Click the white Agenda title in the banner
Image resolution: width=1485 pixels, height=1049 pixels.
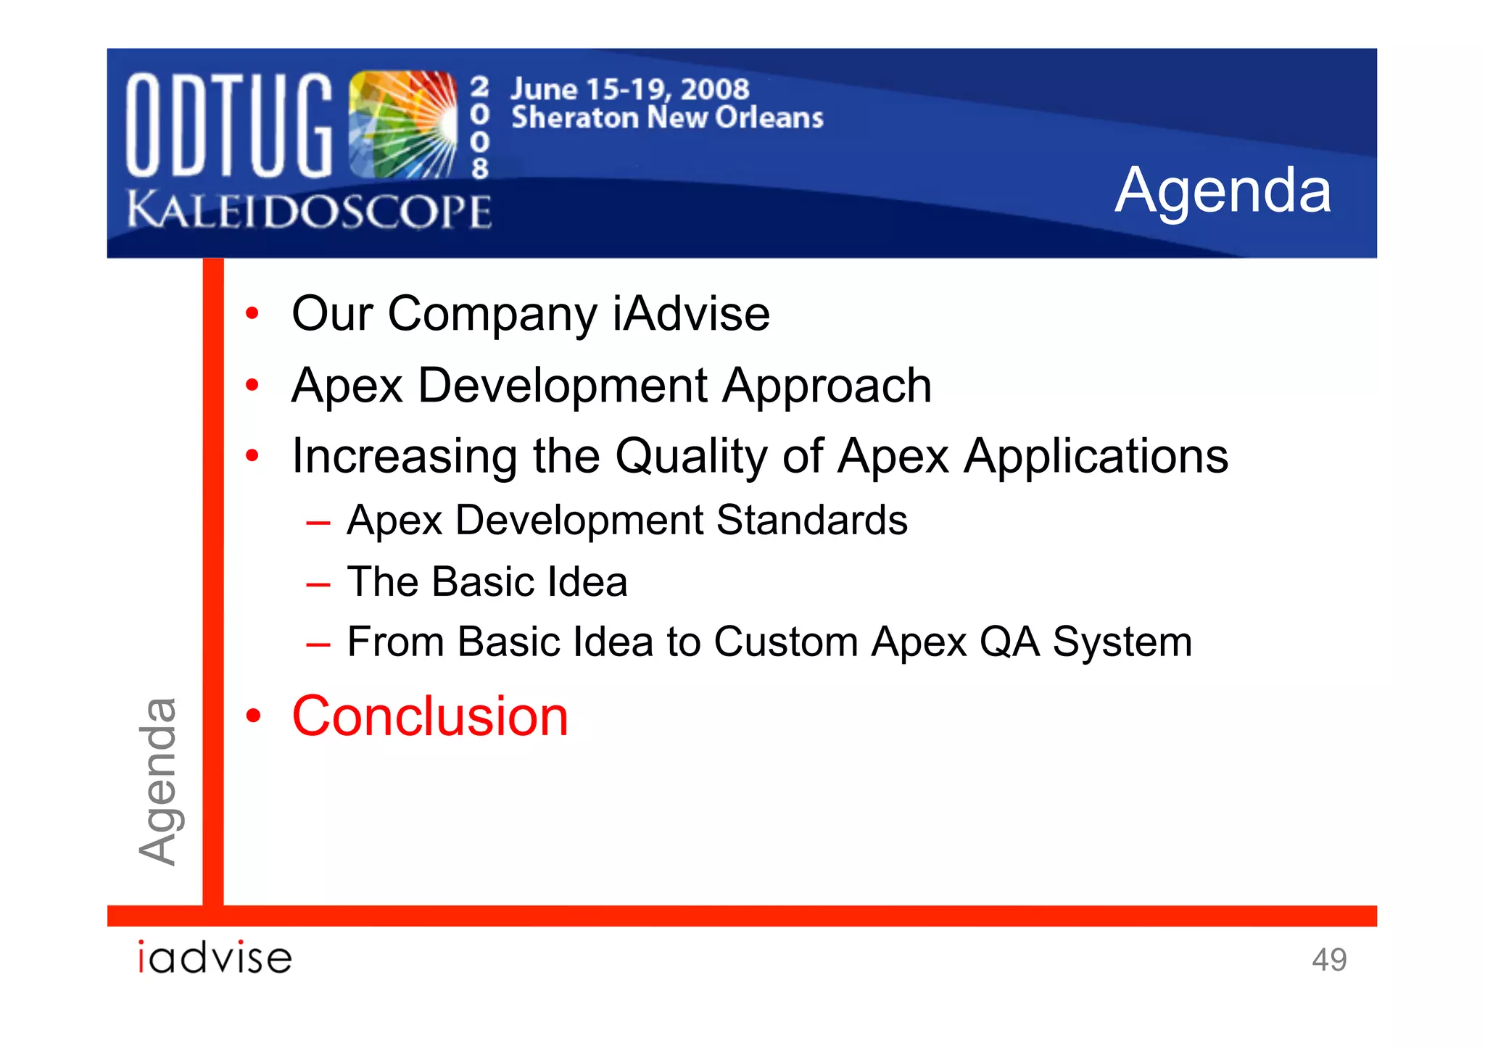1223,191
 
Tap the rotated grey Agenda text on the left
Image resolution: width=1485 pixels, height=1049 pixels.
158,781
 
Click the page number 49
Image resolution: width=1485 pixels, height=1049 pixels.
1328,960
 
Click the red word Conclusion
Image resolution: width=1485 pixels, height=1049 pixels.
430,716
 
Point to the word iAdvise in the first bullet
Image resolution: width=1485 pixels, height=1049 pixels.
691,314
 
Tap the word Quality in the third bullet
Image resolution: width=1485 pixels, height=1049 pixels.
691,457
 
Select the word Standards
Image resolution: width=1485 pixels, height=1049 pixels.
811,521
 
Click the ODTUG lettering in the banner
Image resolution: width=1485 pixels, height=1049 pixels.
229,125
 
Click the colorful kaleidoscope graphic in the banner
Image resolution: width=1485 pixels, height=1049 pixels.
402,125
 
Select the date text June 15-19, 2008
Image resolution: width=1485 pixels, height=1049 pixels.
629,89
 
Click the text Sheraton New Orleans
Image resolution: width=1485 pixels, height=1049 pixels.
667,117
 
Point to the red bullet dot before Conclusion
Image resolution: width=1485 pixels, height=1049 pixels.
252,716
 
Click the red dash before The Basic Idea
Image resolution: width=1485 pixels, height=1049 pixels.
318,584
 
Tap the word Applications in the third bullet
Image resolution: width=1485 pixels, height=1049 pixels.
1096,457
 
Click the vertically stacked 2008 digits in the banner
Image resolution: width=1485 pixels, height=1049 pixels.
479,128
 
